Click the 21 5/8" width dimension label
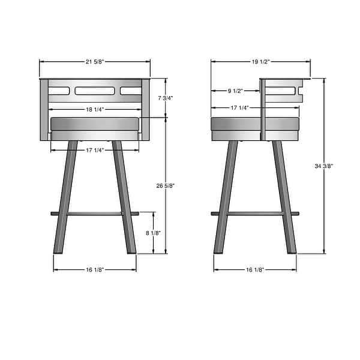tap(95, 61)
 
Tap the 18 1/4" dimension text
tap(95, 109)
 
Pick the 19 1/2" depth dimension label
tap(261, 61)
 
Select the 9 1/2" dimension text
tap(235, 91)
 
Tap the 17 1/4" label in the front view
tap(95, 149)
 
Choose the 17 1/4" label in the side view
tap(240, 107)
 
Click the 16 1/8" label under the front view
tap(95, 270)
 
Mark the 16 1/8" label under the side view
tap(255, 270)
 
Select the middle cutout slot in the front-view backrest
tap(95, 91)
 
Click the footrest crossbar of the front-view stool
tap(95, 213)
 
